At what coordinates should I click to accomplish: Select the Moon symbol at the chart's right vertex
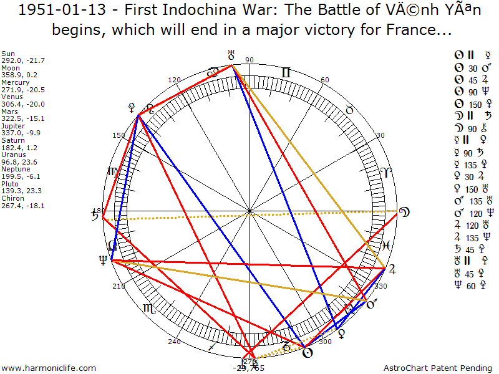tap(405, 212)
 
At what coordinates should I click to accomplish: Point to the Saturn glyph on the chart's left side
tap(96, 216)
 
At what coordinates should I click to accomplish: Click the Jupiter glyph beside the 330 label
tap(392, 270)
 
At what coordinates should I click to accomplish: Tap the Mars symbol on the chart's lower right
tap(372, 305)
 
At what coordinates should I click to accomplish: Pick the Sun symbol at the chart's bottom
tap(306, 352)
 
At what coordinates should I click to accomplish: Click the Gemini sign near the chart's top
tap(285, 73)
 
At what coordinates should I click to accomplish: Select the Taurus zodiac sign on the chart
tap(349, 110)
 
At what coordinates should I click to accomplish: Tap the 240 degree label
tap(174, 342)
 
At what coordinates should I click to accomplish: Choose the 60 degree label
tap(324, 80)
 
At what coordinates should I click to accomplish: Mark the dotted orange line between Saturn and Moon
tap(249, 216)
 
